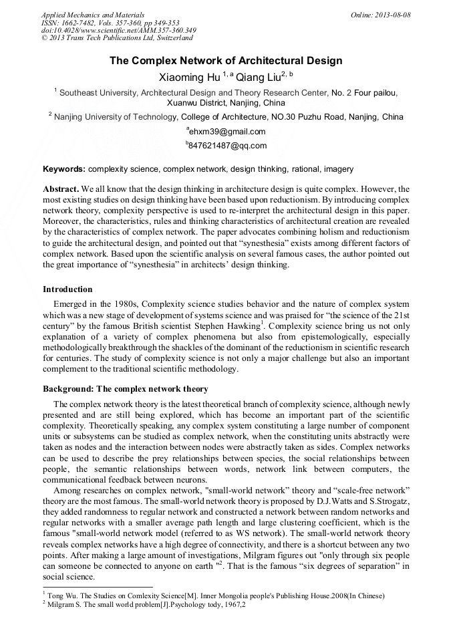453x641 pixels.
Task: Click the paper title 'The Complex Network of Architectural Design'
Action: [226, 61]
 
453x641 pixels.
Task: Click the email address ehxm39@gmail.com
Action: [227, 132]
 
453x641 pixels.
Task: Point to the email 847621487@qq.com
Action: [227, 146]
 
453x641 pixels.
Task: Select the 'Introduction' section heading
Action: [67, 289]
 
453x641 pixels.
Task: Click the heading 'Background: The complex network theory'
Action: [125, 389]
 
